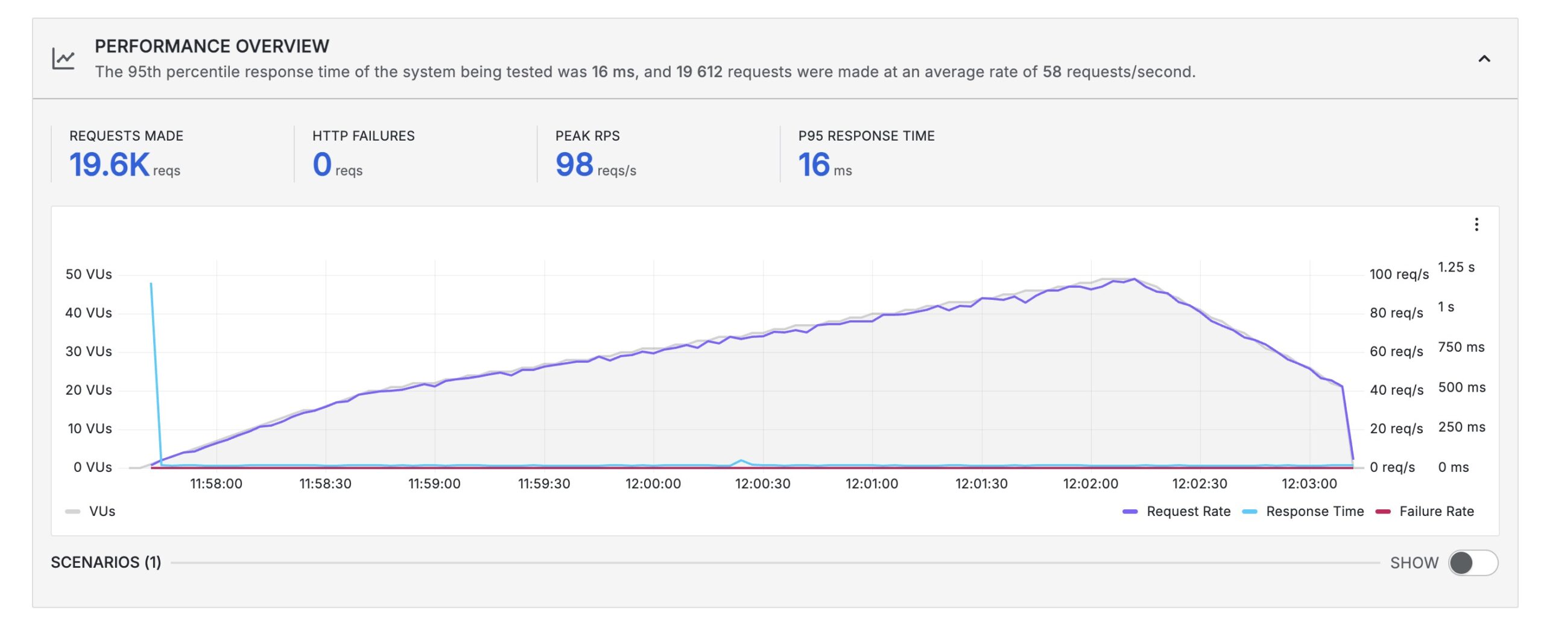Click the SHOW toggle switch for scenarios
tap(1472, 563)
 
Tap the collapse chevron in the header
tap(1484, 59)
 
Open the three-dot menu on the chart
tap(1476, 224)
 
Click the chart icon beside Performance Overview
tap(63, 59)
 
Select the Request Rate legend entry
tap(1176, 511)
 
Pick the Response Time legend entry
tap(1303, 511)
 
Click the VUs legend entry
tap(91, 511)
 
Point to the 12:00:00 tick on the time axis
tap(653, 483)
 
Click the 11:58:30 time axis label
tap(325, 483)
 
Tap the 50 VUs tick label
tap(89, 274)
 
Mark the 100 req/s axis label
tap(1399, 274)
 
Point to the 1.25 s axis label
tap(1456, 267)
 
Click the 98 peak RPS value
tap(574, 164)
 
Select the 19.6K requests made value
tap(109, 164)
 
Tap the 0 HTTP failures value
tap(322, 164)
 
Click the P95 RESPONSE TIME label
tap(866, 136)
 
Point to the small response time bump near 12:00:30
tap(741, 461)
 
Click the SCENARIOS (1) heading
tap(106, 562)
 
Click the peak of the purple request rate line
tap(1134, 279)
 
